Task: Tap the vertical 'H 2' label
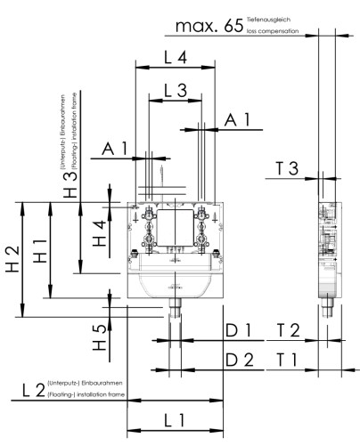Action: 12,259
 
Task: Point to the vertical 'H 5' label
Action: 101,336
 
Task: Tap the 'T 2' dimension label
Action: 287,331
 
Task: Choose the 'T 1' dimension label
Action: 287,361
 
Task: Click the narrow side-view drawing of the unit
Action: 329,254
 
